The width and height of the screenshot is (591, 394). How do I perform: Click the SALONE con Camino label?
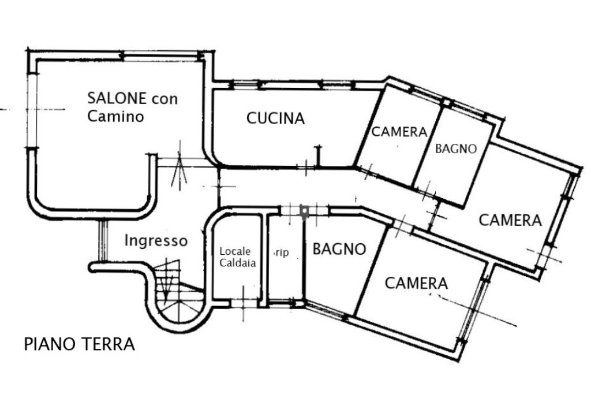[x=132, y=107]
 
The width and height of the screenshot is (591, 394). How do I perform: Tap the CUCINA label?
[x=275, y=118]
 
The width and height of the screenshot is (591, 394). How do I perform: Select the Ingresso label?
[x=156, y=240]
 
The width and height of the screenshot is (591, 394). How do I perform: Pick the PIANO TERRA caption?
[x=79, y=344]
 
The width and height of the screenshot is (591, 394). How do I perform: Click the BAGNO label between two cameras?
[x=456, y=148]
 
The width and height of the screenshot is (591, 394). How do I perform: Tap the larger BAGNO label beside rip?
[x=339, y=249]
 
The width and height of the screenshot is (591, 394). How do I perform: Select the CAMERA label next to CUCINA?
[x=399, y=132]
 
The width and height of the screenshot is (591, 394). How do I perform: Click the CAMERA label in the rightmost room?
[x=510, y=220]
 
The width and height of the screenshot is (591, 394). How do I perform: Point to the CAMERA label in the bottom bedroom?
[x=416, y=283]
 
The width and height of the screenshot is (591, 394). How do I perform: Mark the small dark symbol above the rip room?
[x=304, y=212]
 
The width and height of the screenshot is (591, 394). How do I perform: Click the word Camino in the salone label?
[x=115, y=116]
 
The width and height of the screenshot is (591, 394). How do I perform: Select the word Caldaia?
[x=235, y=262]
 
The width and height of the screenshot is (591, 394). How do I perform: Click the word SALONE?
[x=117, y=98]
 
